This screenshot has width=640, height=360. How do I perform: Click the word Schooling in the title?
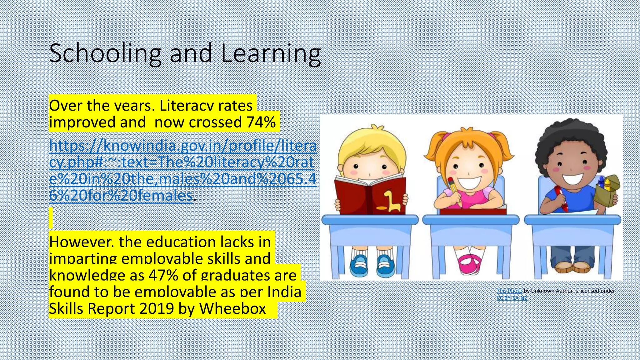click(x=105, y=54)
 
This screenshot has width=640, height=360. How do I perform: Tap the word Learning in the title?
click(x=271, y=54)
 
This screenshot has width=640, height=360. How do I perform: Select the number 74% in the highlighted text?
click(x=261, y=122)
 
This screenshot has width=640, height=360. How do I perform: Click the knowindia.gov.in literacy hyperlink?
click(x=183, y=170)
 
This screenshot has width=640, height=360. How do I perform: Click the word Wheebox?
click(x=233, y=308)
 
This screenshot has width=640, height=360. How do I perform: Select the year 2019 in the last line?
click(x=157, y=308)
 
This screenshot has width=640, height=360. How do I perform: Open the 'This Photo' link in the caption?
click(x=509, y=291)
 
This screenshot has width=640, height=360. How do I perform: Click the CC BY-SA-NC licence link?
click(x=512, y=298)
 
